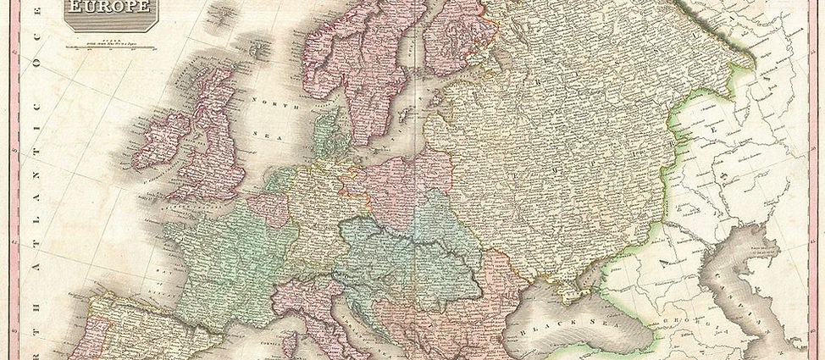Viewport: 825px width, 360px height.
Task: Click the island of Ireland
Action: pyautogui.click(x=161, y=140)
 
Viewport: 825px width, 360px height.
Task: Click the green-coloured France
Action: pyautogui.click(x=224, y=254)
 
